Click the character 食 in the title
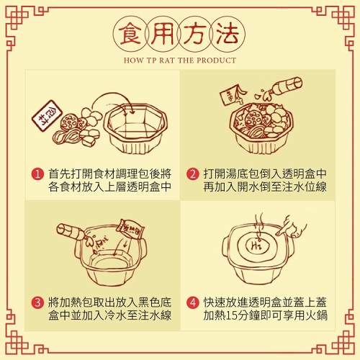pyautogui.click(x=130, y=34)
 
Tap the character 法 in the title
pyautogui.click(x=228, y=34)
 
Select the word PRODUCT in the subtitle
pyautogui.click(x=217, y=60)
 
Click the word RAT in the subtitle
pyautogui.click(x=168, y=60)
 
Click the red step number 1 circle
pyautogui.click(x=37, y=174)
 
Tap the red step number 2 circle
pyautogui.click(x=193, y=174)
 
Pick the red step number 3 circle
pyautogui.click(x=37, y=302)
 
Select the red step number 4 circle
pyautogui.click(x=193, y=302)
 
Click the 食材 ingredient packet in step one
pyautogui.click(x=47, y=116)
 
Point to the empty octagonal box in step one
pyautogui.click(x=135, y=128)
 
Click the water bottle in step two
pyautogui.click(x=282, y=88)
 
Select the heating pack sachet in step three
pyautogui.click(x=130, y=229)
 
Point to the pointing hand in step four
pyautogui.click(x=291, y=227)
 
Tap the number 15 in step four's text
pyautogui.click(x=233, y=315)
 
